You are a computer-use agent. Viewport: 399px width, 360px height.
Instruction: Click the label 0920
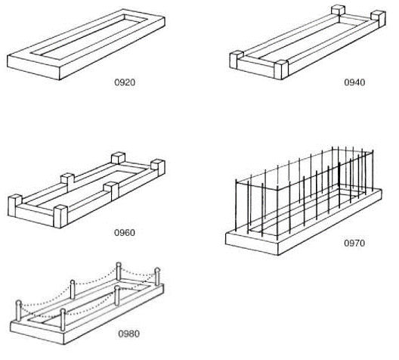(x=125, y=82)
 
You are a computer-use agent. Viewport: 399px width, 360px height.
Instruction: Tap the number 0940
(x=354, y=82)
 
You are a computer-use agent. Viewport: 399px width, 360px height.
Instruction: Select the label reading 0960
(x=125, y=232)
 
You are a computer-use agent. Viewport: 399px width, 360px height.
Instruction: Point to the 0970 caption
(x=354, y=243)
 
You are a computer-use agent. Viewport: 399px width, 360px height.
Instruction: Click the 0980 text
(x=128, y=334)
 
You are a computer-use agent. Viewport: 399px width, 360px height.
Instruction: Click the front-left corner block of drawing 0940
(x=236, y=60)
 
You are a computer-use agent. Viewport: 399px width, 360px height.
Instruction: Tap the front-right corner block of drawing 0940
(x=281, y=70)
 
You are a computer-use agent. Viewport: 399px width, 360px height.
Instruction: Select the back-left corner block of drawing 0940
(x=339, y=11)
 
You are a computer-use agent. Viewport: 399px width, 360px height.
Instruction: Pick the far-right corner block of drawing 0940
(x=379, y=18)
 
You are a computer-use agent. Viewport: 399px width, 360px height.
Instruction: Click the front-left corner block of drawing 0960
(x=15, y=206)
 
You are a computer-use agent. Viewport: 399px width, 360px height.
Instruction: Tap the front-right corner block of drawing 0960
(x=60, y=216)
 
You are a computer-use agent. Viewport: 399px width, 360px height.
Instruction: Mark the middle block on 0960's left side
(x=67, y=182)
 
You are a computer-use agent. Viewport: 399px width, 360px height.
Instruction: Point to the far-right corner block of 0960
(x=158, y=168)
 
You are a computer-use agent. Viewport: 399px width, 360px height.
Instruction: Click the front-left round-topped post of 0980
(x=19, y=311)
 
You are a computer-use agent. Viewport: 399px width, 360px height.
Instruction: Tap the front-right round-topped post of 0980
(x=63, y=320)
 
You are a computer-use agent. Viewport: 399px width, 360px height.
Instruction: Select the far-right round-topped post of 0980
(x=157, y=277)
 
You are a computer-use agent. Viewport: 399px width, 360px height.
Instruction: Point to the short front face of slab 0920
(x=33, y=67)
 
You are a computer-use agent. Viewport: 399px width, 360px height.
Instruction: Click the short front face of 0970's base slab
(x=252, y=243)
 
